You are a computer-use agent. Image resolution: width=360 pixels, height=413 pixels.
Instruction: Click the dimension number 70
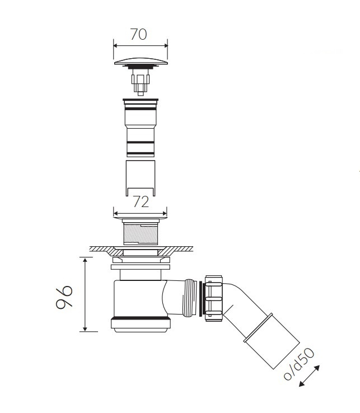pos(139,34)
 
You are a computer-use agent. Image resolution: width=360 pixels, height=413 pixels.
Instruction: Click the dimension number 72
pos(141,202)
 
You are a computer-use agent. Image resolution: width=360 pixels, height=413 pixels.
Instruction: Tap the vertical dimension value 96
pos(64,297)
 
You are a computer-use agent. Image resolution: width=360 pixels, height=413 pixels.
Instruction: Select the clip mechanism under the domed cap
pos(141,81)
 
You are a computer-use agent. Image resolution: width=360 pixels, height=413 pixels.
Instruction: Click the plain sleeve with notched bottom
pos(141,179)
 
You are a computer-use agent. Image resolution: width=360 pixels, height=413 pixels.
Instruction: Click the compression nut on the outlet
pos(214,298)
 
